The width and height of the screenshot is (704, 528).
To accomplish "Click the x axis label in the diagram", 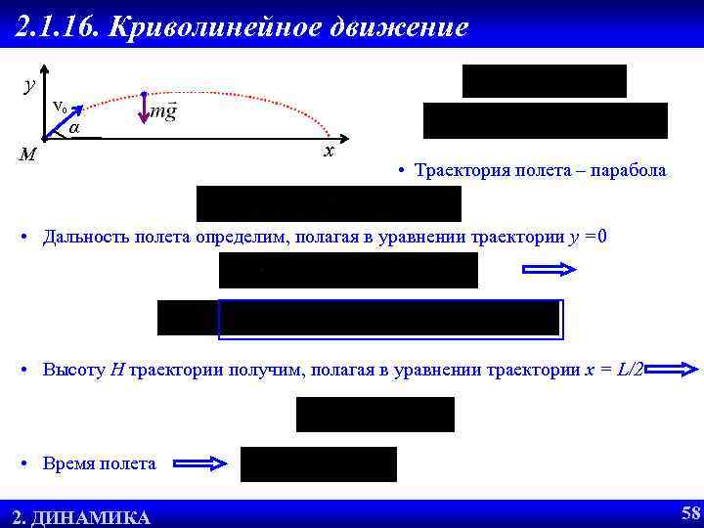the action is [330, 152].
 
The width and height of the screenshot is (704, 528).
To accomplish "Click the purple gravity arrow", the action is [144, 109].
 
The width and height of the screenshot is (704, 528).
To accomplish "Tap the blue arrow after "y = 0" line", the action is [551, 271].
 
